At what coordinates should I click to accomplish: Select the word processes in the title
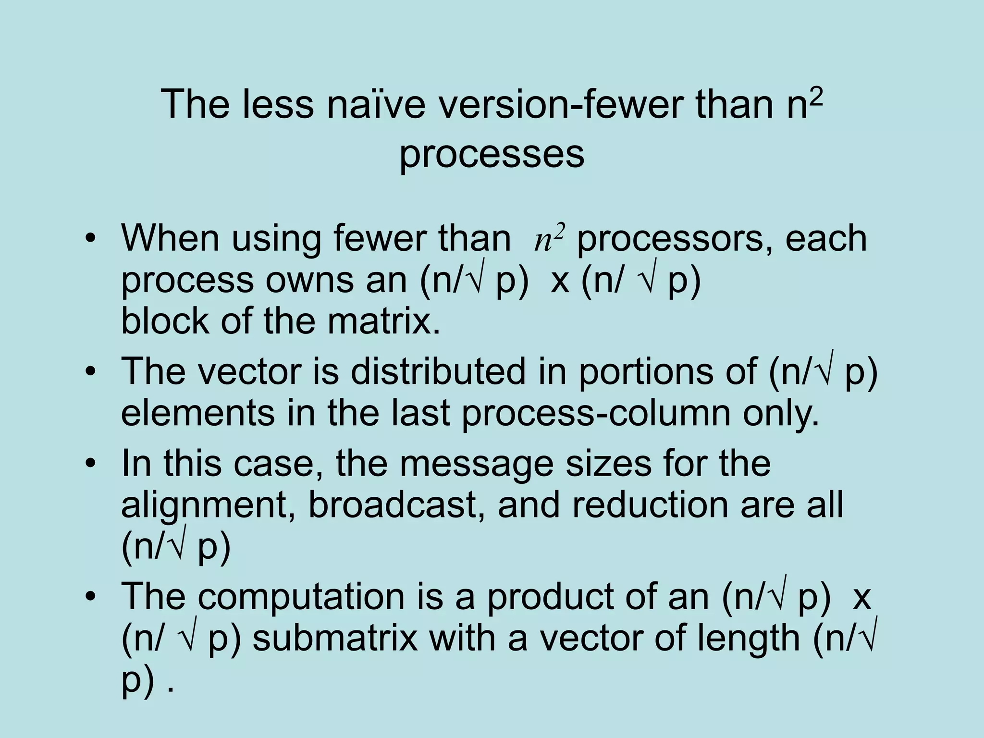click(492, 155)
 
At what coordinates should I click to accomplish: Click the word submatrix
click(335, 639)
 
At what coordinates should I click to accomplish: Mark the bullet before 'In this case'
click(89, 464)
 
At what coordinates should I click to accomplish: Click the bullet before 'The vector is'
click(89, 372)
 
